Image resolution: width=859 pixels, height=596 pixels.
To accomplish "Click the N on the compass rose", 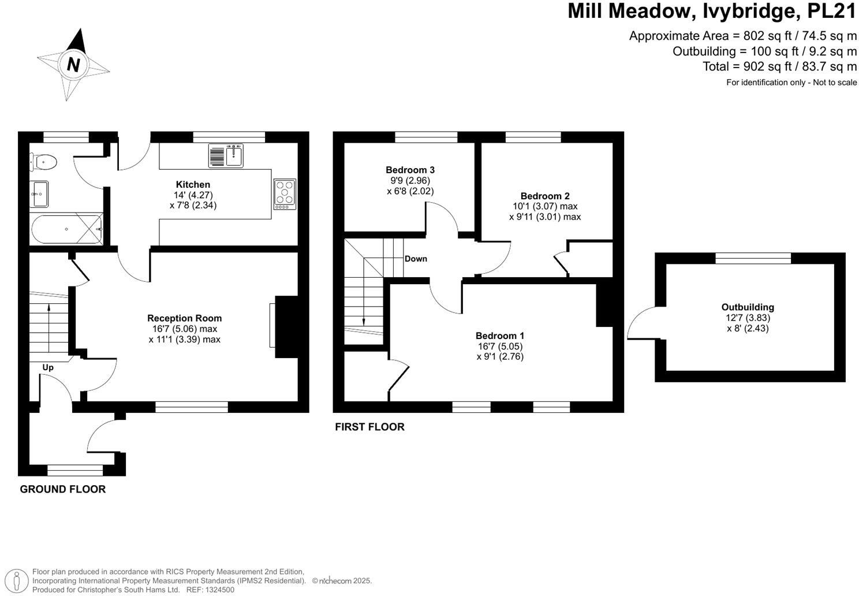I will (73, 64).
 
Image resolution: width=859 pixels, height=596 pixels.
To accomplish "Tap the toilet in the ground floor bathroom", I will (44, 162).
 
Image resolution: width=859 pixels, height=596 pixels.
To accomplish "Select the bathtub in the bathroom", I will (66, 229).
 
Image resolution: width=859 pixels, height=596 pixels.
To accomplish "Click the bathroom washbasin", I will (40, 193).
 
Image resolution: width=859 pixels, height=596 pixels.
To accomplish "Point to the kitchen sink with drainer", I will (226, 156).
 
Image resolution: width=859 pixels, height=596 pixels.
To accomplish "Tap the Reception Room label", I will (184, 318).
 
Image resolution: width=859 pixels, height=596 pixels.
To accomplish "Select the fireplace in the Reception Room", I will (285, 327).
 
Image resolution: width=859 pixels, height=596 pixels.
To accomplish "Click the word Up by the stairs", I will (48, 367).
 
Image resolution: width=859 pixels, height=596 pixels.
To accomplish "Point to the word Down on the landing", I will (416, 259).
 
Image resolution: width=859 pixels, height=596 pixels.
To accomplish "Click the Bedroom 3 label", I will (410, 170).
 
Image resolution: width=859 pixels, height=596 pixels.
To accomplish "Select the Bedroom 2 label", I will (544, 196).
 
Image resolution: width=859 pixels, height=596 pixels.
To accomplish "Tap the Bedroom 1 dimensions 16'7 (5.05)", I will (500, 347).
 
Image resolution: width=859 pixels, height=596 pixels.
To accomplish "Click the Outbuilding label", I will (748, 307).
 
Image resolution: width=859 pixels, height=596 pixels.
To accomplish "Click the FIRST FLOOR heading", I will (369, 427).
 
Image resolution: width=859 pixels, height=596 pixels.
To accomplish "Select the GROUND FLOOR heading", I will (63, 489).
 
